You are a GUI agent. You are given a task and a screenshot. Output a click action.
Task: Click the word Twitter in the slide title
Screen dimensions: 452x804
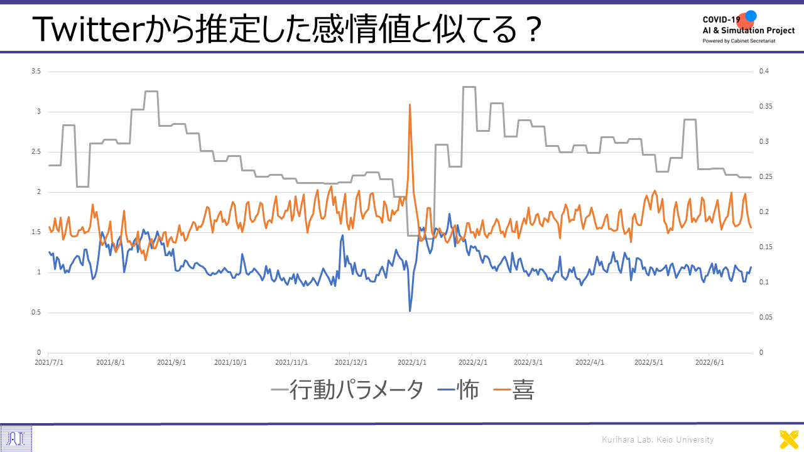pos(87,30)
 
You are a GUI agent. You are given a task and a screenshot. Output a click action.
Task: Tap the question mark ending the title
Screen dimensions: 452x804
pos(532,30)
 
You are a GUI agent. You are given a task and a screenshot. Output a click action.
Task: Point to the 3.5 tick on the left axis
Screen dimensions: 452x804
pos(36,72)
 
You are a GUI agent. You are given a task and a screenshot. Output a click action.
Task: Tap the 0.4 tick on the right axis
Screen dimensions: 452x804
pos(764,72)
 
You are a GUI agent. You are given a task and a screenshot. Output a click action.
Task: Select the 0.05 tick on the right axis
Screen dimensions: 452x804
pos(766,318)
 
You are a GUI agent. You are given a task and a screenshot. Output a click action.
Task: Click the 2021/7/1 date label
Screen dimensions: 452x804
pos(49,362)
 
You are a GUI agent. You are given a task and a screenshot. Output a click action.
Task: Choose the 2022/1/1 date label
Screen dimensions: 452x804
pos(412,362)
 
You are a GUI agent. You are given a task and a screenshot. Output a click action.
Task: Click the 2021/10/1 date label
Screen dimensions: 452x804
pos(231,362)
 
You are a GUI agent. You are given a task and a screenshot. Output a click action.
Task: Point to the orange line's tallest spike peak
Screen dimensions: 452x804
pos(410,105)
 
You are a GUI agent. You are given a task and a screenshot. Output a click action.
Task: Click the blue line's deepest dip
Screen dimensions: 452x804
pos(410,311)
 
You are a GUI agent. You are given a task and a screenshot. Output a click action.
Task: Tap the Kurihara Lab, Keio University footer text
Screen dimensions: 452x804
pos(658,439)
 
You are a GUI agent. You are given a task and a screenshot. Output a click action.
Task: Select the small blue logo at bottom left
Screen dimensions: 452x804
pos(16,439)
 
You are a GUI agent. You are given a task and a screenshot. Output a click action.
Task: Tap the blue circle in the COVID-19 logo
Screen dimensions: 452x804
pos(751,16)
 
